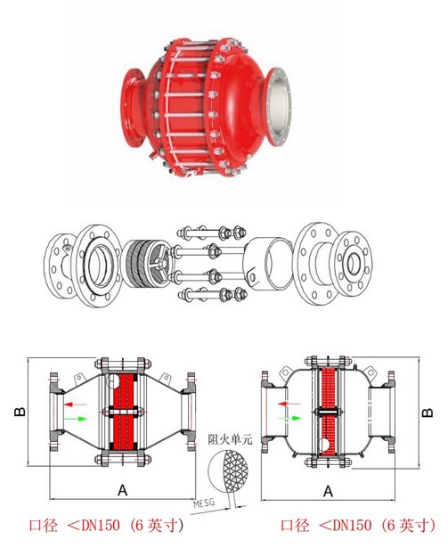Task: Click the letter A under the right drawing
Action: point(328,489)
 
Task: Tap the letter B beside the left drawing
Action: point(16,412)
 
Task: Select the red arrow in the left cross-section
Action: point(77,404)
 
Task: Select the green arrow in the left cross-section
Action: point(77,418)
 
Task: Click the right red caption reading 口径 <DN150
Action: point(357,526)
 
